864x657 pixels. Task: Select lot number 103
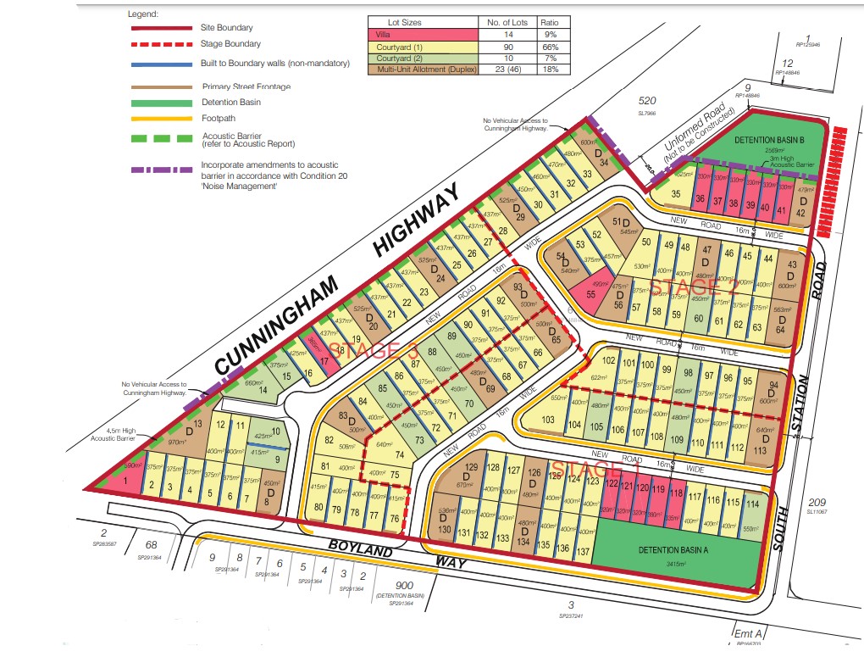point(548,420)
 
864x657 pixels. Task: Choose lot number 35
point(675,193)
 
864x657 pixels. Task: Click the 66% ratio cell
point(550,47)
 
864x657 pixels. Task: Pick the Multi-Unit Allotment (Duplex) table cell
point(422,70)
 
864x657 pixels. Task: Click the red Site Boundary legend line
point(161,28)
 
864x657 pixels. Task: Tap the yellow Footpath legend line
point(161,119)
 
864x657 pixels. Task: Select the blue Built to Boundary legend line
point(161,64)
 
